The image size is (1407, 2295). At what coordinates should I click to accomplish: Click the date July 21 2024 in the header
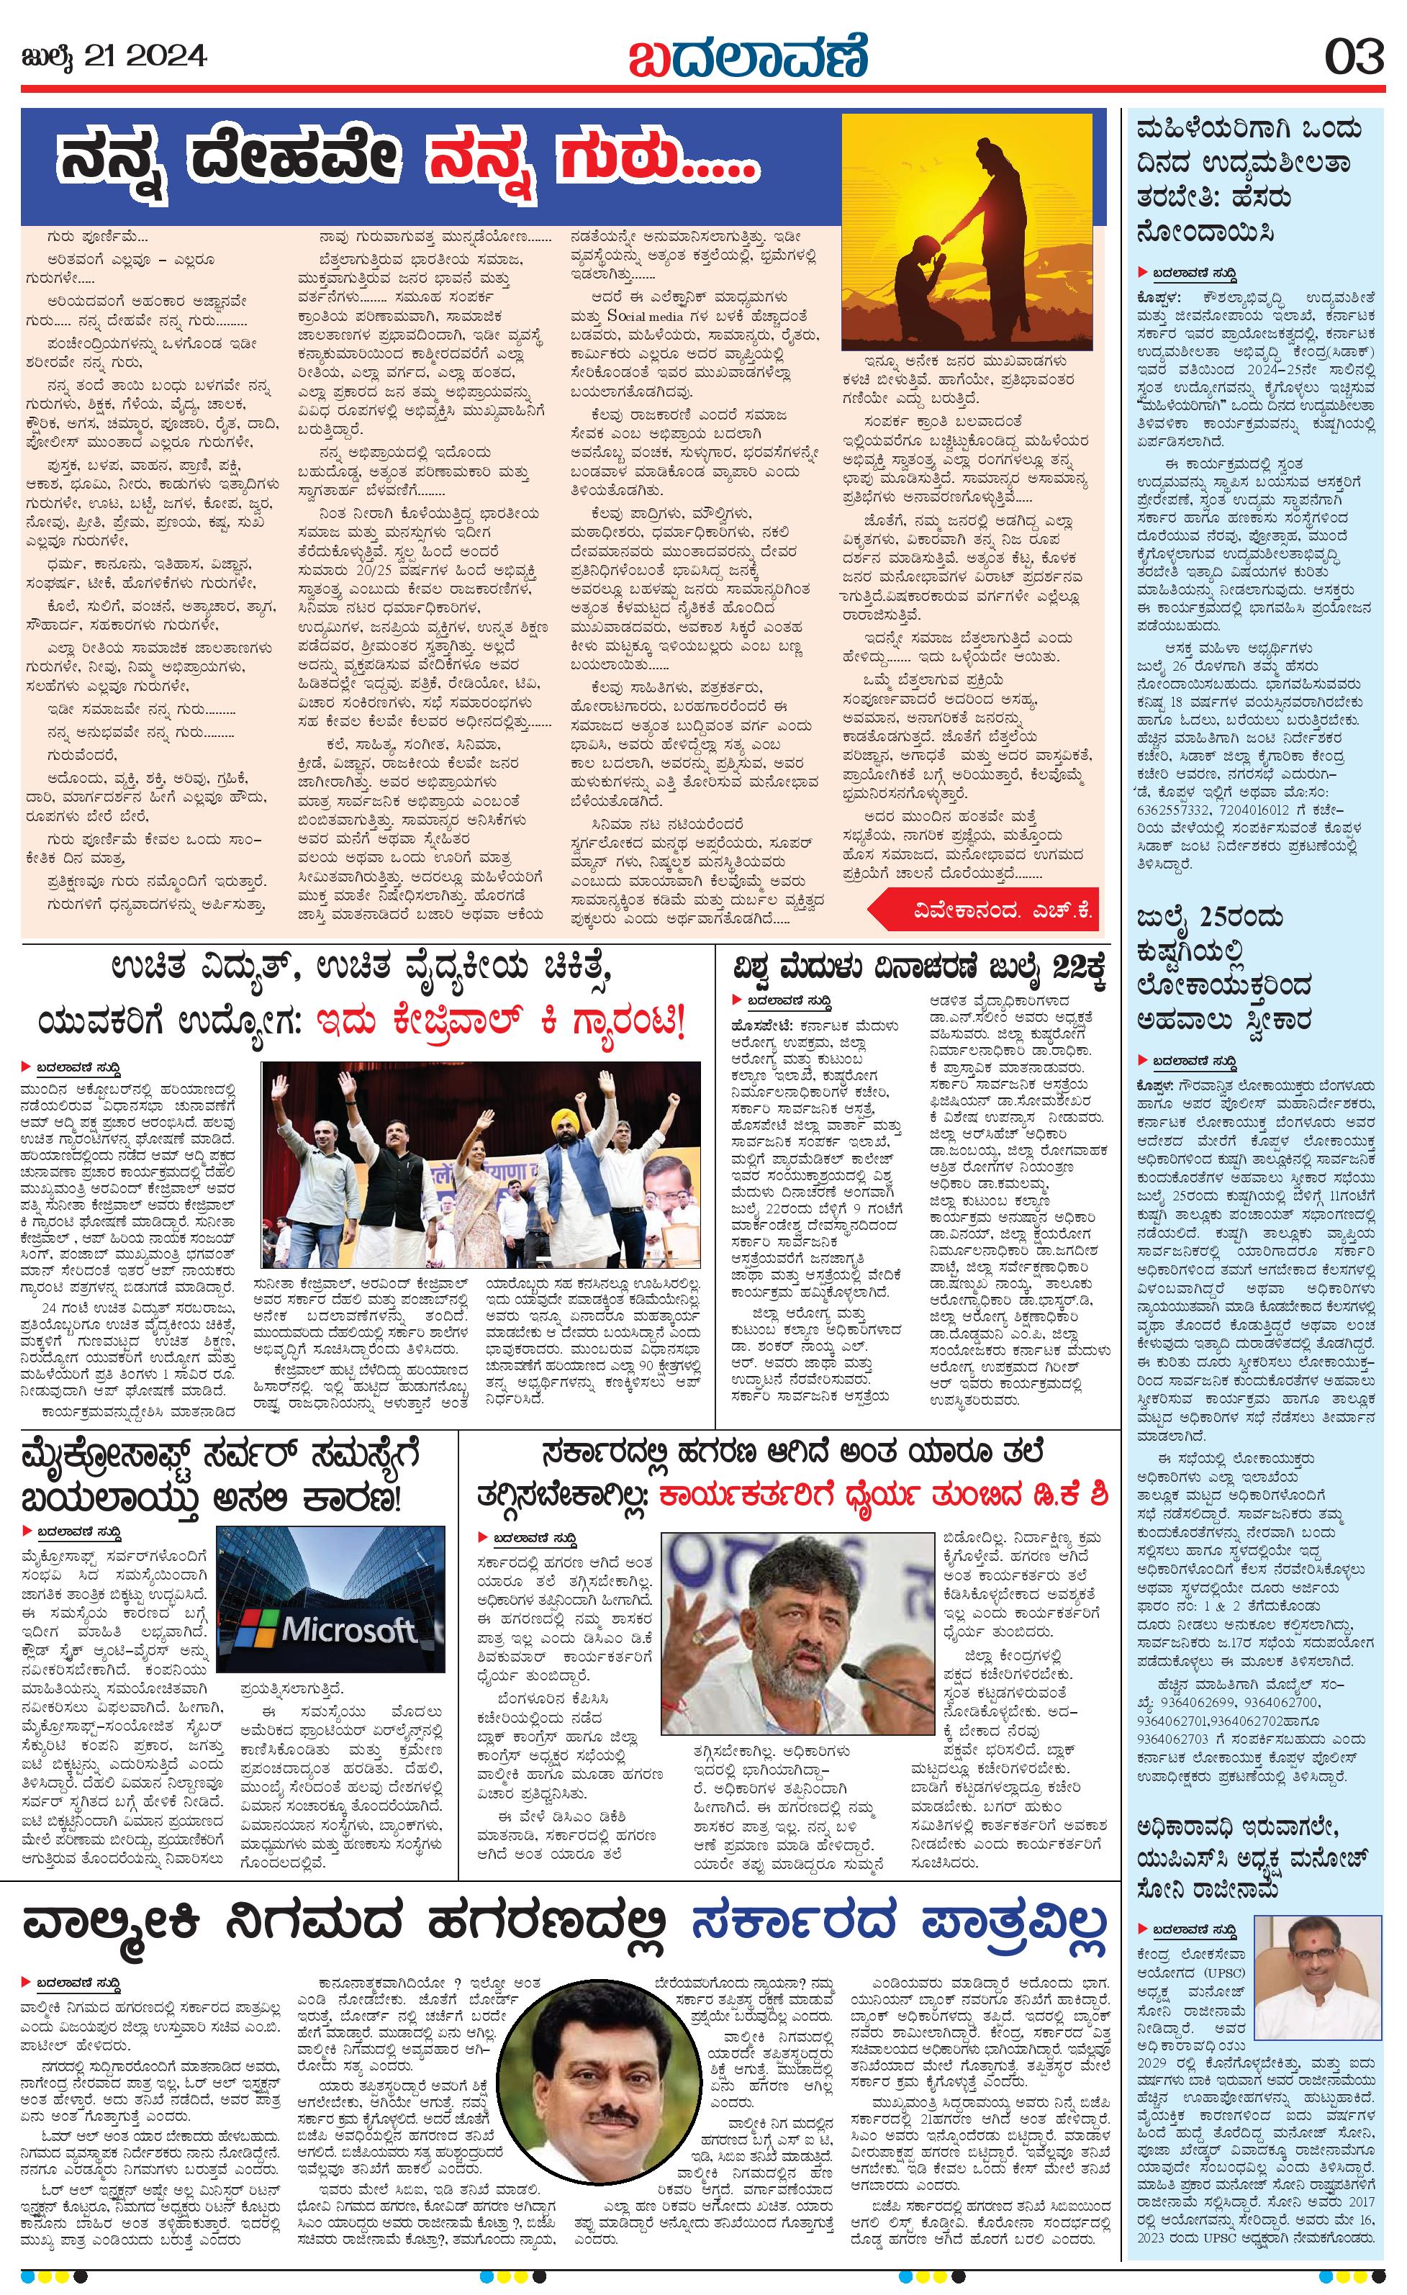[x=114, y=57]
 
